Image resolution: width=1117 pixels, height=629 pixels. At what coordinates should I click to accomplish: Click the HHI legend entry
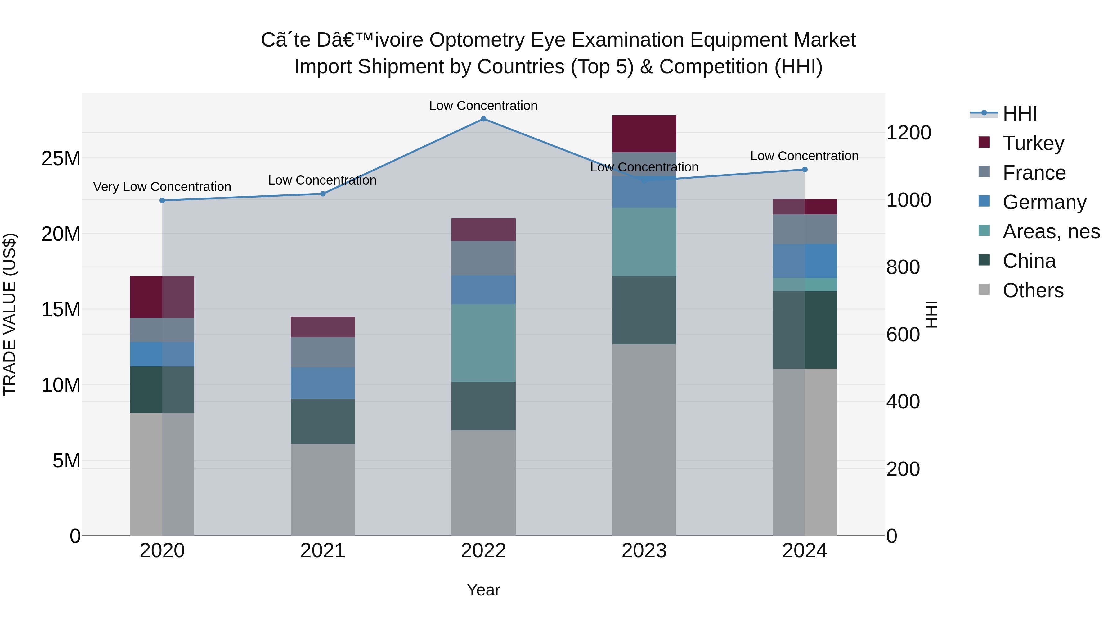click(1019, 114)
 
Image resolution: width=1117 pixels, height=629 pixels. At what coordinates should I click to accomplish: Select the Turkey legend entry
click(1033, 143)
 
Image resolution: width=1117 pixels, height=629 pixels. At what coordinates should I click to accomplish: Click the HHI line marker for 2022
click(483, 119)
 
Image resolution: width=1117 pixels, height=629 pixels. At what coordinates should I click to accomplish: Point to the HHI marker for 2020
click(162, 201)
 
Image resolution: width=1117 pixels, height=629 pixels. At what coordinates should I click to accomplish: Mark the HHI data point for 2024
click(805, 170)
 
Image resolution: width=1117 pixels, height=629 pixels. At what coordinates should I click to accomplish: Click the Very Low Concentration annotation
click(162, 187)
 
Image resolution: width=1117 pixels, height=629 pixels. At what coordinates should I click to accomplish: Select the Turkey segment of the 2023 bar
click(644, 134)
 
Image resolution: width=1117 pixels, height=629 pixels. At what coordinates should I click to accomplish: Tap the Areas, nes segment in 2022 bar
click(483, 343)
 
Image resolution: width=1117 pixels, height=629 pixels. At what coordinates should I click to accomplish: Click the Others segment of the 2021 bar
click(323, 489)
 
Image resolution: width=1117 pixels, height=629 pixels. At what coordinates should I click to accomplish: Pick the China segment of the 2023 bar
click(644, 310)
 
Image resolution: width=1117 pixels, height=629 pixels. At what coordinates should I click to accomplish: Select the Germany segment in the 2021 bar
click(323, 383)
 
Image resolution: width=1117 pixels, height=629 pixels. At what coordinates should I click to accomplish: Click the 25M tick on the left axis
click(61, 158)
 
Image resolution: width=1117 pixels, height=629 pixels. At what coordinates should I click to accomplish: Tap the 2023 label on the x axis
click(644, 551)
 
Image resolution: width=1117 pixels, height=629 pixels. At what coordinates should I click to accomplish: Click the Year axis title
click(483, 590)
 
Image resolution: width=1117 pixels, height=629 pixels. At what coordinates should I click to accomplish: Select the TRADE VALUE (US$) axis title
click(10, 314)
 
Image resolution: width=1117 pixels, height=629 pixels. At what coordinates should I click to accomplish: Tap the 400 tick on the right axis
click(903, 402)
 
